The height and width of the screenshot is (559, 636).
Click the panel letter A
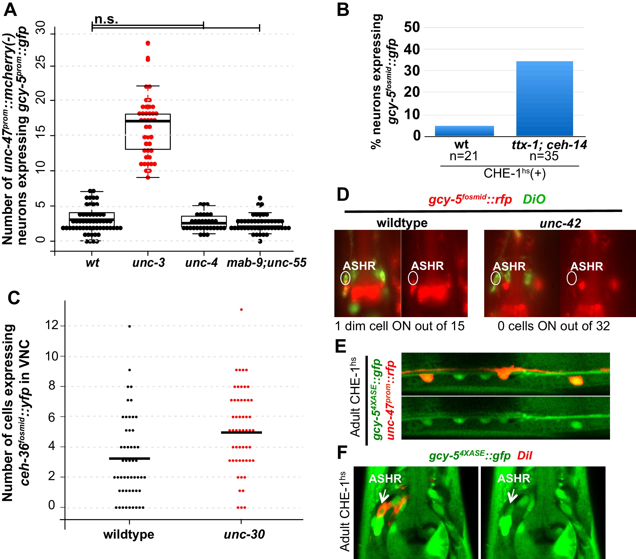click(10, 10)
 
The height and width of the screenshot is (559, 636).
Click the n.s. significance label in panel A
click(106, 19)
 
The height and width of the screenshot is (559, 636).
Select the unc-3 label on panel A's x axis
click(148, 263)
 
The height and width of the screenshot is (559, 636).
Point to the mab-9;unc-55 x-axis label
click(266, 263)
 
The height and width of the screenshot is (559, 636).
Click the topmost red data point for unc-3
click(148, 43)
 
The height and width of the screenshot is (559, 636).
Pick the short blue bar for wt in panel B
click(464, 131)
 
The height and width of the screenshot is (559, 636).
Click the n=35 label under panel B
click(544, 156)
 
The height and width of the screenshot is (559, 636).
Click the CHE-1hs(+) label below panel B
click(515, 173)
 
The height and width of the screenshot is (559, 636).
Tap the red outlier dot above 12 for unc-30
click(242, 310)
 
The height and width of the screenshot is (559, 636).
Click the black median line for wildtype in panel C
click(129, 458)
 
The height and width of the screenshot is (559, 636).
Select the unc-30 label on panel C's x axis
click(244, 534)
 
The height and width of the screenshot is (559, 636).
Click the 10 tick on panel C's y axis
click(52, 356)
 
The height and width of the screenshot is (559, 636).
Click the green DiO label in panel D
click(534, 199)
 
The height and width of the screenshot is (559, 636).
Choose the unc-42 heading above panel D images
click(560, 223)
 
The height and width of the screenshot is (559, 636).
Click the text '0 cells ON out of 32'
click(554, 326)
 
